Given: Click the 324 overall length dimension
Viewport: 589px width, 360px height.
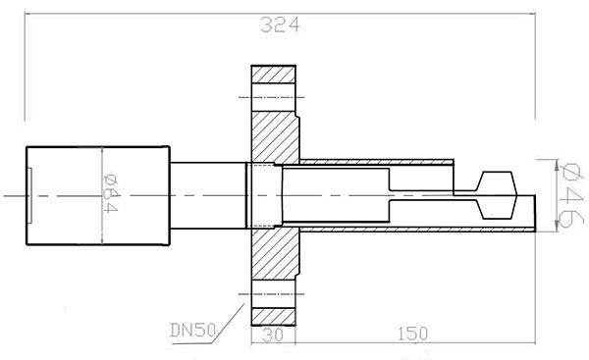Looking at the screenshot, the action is (x=280, y=26).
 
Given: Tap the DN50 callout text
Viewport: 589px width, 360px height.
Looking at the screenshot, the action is (x=193, y=331).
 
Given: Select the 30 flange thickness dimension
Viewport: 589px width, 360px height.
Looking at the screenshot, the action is (x=273, y=335).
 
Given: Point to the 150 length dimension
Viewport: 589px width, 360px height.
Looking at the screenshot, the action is (x=412, y=334).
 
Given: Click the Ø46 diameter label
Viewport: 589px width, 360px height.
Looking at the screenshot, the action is (x=570, y=195).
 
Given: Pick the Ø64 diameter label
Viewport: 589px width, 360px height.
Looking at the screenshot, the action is (x=110, y=193).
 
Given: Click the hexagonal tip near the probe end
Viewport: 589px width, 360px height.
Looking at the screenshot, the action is (x=497, y=195).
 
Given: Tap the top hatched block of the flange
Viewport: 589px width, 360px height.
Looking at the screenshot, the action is (x=274, y=75).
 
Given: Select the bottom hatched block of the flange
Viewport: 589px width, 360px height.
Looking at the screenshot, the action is (x=273, y=317).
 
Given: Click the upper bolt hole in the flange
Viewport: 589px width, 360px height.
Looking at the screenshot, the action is (x=273, y=97).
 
